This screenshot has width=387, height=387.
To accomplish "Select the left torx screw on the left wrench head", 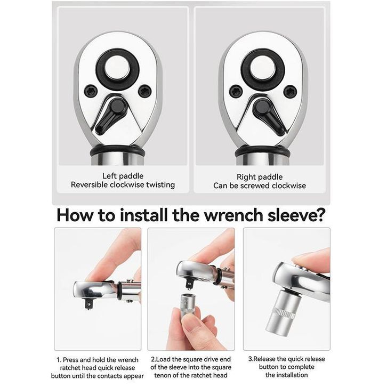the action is coord(91,91).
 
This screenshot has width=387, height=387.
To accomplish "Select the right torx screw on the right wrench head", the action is coord(290,91).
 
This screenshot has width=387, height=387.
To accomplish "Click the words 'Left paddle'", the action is coord(123,176).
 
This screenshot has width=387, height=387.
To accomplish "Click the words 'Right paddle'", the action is coord(260,177).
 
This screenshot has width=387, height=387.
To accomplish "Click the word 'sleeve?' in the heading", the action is coord(295,215).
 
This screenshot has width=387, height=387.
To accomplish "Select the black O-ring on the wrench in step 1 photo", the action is coord(119,291).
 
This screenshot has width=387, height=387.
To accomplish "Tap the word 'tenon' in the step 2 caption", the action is coord(162,375).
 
